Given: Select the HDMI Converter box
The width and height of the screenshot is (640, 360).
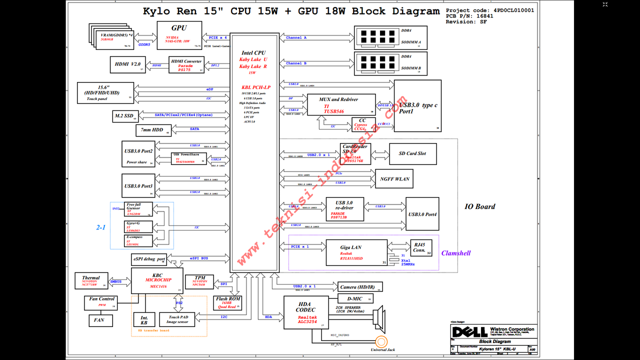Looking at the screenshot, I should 186,65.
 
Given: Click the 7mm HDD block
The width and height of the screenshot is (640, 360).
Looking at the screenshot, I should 153,130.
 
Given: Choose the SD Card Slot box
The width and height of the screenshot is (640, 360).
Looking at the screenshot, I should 412,153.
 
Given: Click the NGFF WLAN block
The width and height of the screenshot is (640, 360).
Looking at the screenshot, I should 394,178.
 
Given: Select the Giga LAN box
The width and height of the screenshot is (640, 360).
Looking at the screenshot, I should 356,252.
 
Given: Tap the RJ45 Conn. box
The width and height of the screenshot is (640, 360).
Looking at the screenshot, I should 419,248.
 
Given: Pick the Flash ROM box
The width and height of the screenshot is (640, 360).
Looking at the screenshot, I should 227,302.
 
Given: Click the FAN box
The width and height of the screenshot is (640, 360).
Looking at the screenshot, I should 99,320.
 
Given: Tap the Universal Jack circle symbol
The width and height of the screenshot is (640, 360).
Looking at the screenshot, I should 382,341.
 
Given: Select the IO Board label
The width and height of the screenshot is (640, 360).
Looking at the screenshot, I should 479,206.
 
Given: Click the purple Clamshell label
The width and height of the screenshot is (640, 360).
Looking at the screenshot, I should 455,253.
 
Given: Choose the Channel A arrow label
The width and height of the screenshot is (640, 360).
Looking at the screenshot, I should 296,37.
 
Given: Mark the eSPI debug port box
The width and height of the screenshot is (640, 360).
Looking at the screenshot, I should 148,259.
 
